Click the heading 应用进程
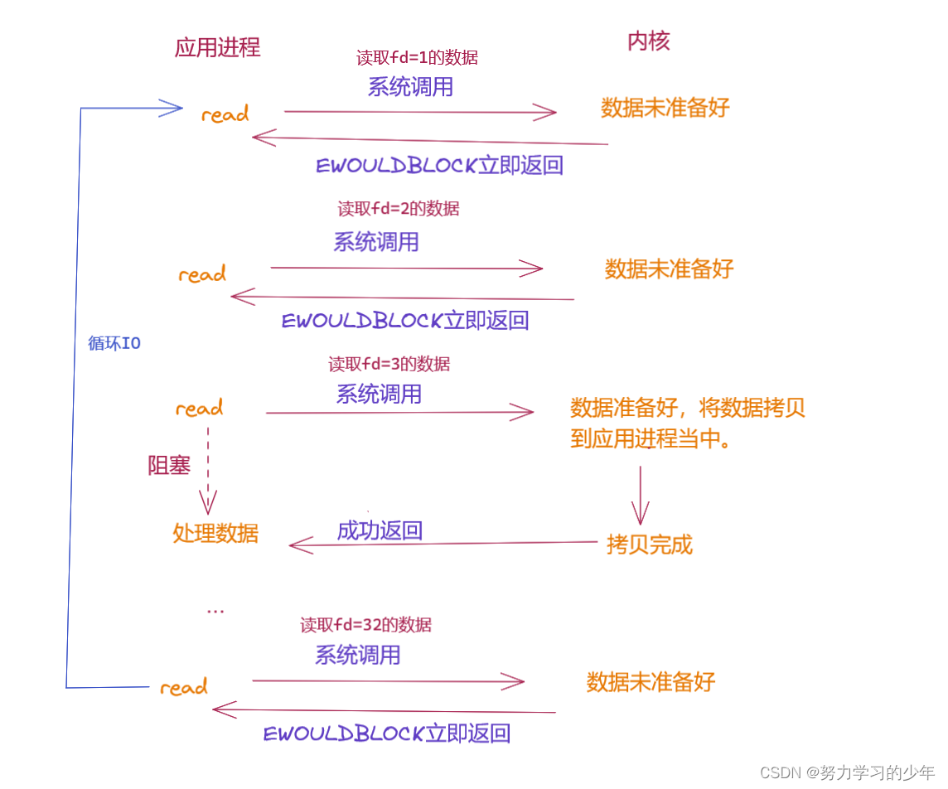click(217, 47)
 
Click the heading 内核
click(648, 41)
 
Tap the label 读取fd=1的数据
click(417, 58)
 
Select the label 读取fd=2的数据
click(398, 209)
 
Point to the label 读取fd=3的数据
click(389, 364)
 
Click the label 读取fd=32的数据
click(365, 625)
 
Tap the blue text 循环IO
click(114, 343)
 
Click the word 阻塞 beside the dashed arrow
click(169, 466)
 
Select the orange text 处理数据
click(215, 533)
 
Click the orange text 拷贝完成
click(649, 545)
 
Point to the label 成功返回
click(380, 530)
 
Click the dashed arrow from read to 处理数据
click(208, 468)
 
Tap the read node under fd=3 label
click(199, 409)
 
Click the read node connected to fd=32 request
click(183, 687)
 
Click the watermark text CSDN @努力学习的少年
click(847, 772)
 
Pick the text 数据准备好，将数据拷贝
click(687, 409)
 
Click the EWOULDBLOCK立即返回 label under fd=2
click(404, 321)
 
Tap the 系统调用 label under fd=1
click(410, 86)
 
